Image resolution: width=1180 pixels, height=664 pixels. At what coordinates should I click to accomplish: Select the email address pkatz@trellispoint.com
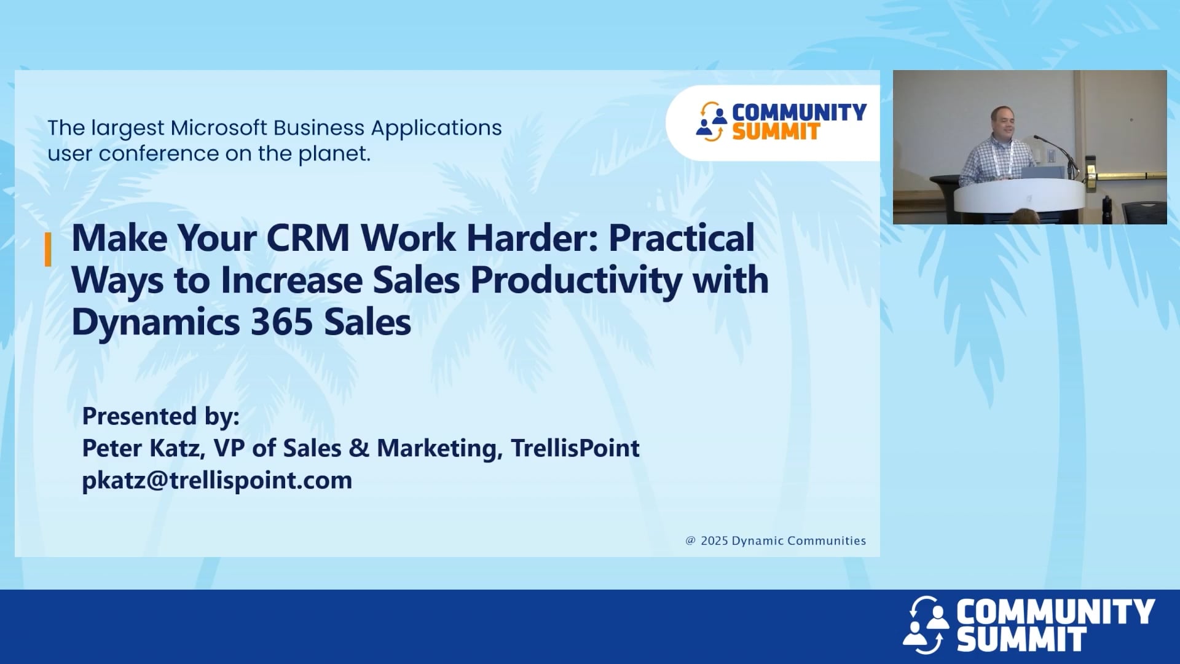coord(217,480)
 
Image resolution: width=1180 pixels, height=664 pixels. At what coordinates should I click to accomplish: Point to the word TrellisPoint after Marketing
coord(575,448)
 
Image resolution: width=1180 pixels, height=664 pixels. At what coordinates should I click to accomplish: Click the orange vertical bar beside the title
coord(48,250)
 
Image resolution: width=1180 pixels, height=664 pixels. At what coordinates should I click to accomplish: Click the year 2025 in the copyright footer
coord(714,541)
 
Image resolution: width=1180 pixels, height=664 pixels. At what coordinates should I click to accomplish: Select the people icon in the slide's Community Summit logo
coord(712,122)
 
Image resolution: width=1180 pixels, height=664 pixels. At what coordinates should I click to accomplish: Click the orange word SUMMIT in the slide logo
coord(776,132)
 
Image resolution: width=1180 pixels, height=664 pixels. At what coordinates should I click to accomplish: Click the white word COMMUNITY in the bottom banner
coord(1055,612)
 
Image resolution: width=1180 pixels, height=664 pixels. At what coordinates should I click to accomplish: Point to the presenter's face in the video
coord(1004,124)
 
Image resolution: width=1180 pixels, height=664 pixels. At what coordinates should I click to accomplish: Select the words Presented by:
coord(160,416)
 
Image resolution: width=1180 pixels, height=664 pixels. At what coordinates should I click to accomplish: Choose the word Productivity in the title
coord(576,280)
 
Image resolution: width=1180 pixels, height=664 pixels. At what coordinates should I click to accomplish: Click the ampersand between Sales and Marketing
coord(359,448)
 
